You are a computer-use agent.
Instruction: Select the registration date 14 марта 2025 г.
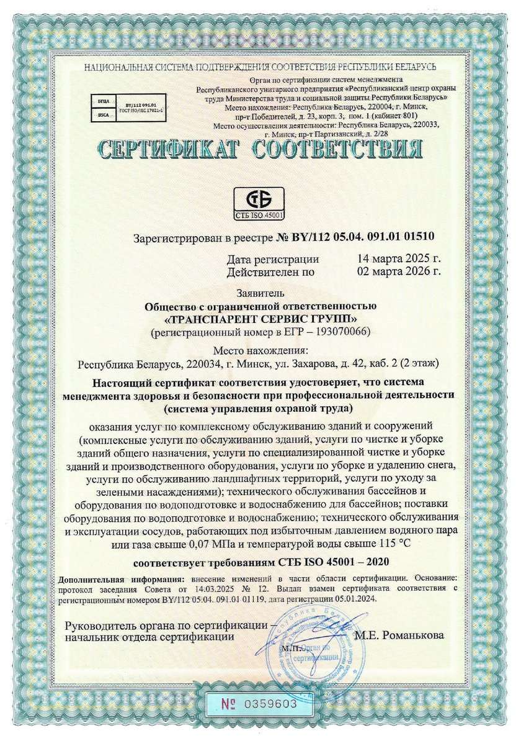pyautogui.click(x=399, y=259)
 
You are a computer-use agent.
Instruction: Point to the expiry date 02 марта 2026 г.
pyautogui.click(x=399, y=271)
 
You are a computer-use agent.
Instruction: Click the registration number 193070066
pyautogui.click(x=343, y=332)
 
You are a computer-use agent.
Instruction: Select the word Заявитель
pyautogui.click(x=260, y=293)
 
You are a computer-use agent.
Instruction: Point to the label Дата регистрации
pyautogui.click(x=273, y=259)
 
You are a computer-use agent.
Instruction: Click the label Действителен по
pyautogui.click(x=270, y=271)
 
